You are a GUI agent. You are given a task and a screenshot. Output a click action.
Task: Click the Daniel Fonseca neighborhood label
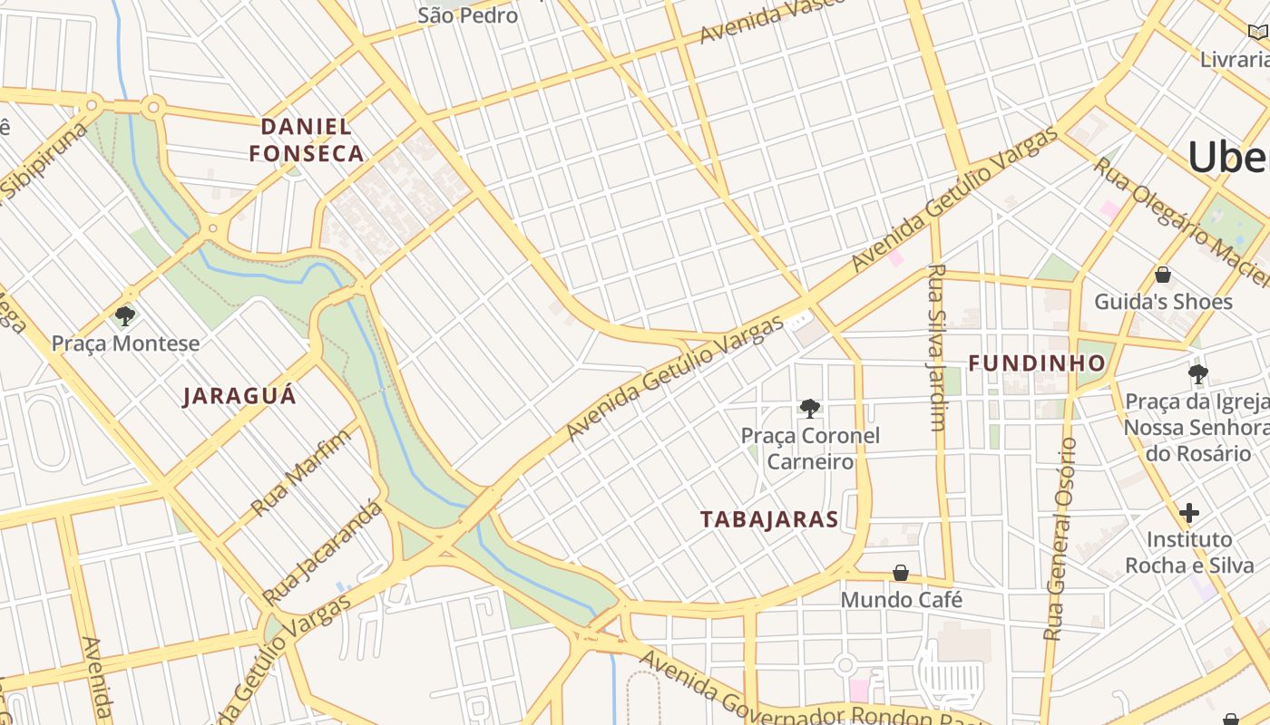tap(307, 140)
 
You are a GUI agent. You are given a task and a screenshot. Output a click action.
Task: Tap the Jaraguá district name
tap(239, 396)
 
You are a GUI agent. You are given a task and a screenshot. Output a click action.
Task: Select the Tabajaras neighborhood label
tap(769, 519)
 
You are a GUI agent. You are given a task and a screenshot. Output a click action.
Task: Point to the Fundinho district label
tap(1037, 363)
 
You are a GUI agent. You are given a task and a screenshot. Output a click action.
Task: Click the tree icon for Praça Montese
tap(125, 316)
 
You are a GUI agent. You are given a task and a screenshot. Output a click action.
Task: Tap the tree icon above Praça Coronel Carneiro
tap(810, 409)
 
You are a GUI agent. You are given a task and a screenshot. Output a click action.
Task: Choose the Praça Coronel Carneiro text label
tap(810, 449)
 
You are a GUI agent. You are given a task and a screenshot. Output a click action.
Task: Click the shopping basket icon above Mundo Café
tap(901, 573)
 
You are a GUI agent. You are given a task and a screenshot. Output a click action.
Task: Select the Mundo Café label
tap(901, 600)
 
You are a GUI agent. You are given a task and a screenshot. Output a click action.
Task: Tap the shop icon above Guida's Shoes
tap(1163, 275)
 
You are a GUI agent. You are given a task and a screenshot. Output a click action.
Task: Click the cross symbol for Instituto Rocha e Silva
tap(1188, 513)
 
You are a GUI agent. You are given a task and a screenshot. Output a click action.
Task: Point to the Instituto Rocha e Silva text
tap(1188, 553)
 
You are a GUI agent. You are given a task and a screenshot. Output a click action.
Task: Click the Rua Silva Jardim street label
tap(937, 347)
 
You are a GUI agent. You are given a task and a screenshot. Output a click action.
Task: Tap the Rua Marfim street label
tap(300, 473)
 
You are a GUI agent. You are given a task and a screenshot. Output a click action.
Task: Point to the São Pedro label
tap(468, 15)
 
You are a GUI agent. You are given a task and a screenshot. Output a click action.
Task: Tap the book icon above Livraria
tap(1257, 33)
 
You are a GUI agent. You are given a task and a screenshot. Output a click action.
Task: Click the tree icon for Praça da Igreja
tap(1197, 373)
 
